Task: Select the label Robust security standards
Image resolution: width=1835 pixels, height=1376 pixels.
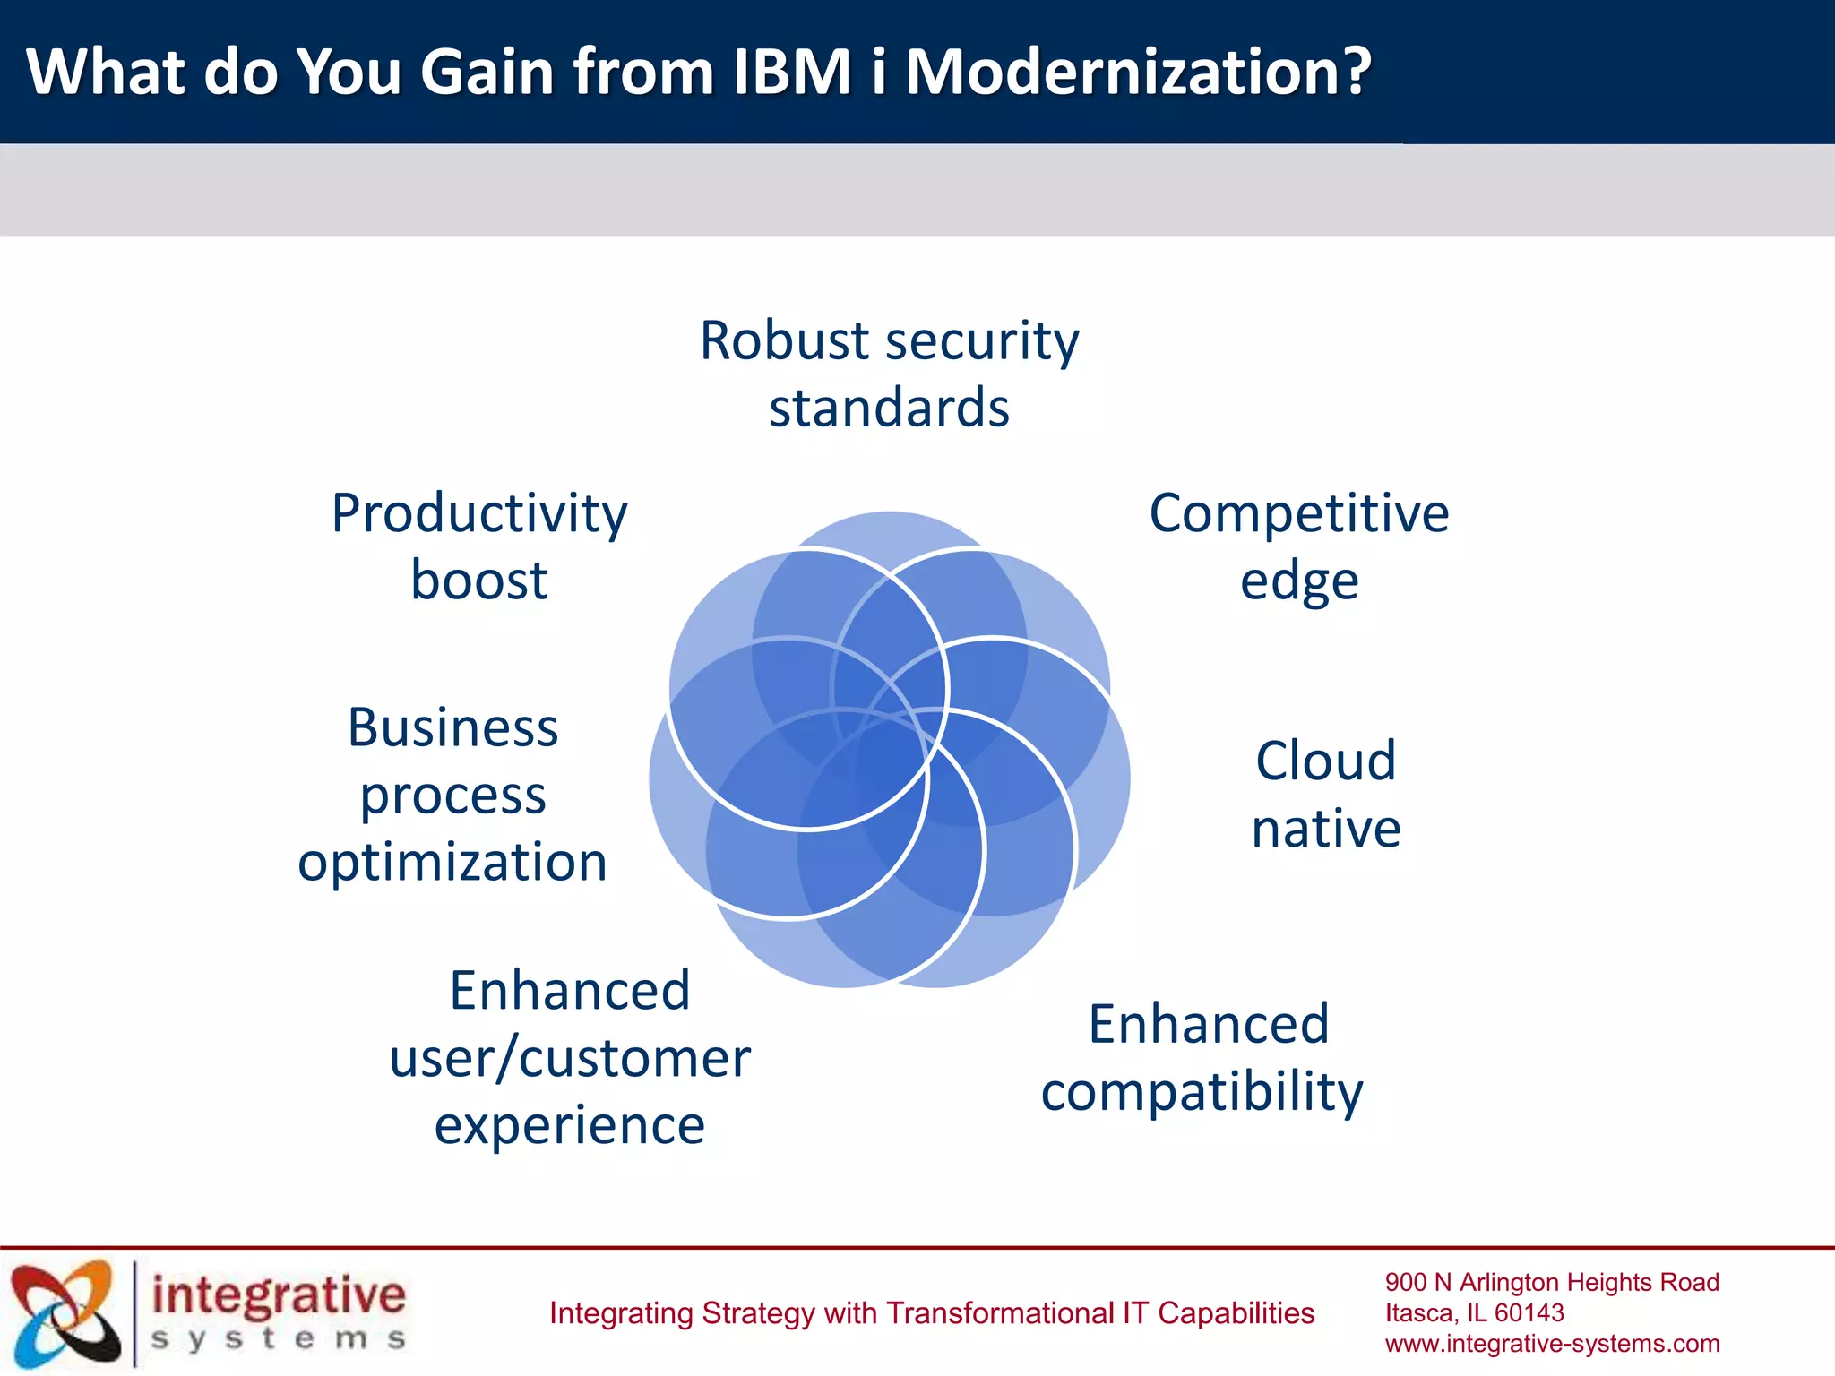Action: (x=889, y=374)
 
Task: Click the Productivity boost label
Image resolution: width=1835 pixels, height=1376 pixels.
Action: (x=479, y=546)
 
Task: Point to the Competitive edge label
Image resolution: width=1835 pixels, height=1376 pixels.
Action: (x=1299, y=546)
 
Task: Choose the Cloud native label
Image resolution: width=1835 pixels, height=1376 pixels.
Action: (x=1326, y=794)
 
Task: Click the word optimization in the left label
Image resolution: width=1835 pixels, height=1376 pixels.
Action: (x=452, y=862)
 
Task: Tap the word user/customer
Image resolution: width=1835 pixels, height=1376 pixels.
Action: (x=570, y=1058)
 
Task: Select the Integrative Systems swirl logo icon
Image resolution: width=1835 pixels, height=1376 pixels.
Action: (x=65, y=1312)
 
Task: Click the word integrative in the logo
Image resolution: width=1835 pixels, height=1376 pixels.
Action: (x=279, y=1295)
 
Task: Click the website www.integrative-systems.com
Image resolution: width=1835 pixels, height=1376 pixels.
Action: (x=1552, y=1344)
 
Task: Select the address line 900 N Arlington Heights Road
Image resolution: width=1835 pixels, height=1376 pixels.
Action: (x=1552, y=1283)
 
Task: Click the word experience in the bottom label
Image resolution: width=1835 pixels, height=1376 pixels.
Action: (x=570, y=1125)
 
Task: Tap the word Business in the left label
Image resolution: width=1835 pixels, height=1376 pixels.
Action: (x=452, y=727)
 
